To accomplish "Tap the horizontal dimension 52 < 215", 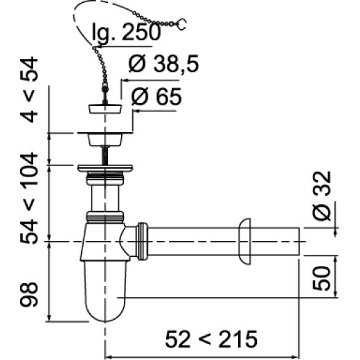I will click(211, 339).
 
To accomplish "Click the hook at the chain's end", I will click(182, 26).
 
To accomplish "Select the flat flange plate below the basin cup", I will click(105, 167).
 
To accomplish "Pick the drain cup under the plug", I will click(105, 138).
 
